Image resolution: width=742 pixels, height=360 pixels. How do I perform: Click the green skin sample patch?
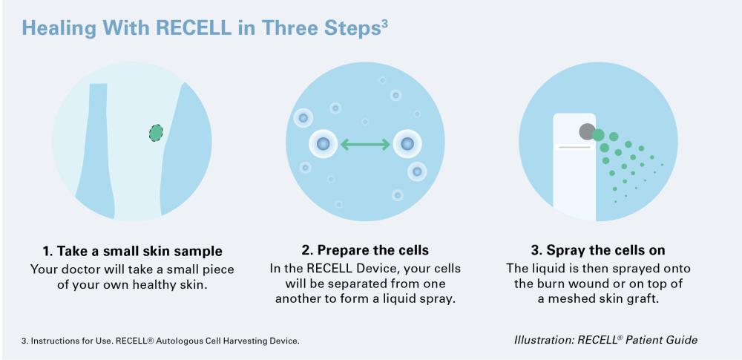(x=156, y=133)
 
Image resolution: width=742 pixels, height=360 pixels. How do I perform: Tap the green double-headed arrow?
(x=365, y=144)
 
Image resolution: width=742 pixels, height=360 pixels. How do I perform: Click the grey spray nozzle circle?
(x=587, y=131)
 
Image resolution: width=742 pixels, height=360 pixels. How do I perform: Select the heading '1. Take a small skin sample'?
(x=132, y=250)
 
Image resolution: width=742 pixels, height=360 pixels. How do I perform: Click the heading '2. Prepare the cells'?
(x=365, y=250)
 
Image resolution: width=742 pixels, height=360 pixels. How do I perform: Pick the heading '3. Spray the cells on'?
(x=598, y=250)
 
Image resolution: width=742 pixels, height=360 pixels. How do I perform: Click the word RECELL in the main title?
(x=194, y=28)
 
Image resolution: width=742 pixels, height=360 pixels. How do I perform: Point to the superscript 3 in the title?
(x=384, y=24)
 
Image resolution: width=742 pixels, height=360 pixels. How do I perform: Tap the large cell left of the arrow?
(x=324, y=143)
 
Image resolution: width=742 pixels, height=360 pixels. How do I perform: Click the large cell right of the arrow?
(x=407, y=143)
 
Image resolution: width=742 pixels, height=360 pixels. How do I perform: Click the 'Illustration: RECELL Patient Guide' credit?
(x=605, y=340)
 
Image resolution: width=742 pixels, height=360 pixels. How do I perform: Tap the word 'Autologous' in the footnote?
(x=177, y=341)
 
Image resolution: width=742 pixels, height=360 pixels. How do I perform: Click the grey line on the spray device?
(x=574, y=147)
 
